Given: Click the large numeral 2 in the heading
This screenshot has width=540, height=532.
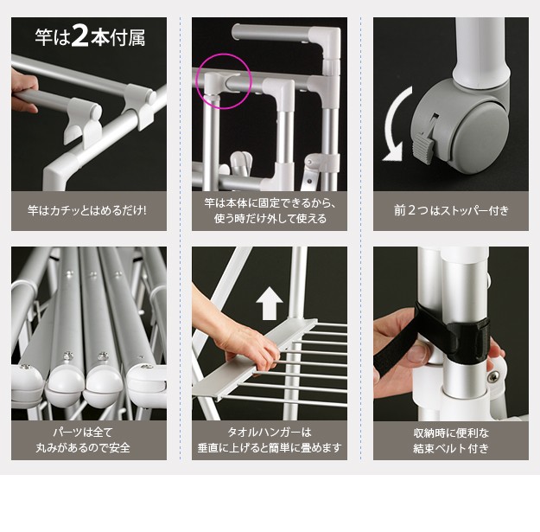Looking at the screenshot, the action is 80,36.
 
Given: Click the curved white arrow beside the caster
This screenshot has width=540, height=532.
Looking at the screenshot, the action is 396,124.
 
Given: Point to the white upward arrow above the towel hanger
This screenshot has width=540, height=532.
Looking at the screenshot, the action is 270,304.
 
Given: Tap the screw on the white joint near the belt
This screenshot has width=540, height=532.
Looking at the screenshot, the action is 494,375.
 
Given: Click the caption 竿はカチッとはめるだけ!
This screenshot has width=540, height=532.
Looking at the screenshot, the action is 86,210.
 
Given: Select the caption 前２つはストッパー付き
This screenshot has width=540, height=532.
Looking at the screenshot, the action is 451,210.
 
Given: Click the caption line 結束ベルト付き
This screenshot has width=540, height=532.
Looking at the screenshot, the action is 451,448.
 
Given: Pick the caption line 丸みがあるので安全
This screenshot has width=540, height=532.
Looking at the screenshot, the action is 83,447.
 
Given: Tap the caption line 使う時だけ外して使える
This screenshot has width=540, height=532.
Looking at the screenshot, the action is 270,218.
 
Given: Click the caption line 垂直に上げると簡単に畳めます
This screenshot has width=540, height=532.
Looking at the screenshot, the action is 270,447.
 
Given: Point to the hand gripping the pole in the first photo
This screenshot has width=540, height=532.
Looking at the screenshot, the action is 23,90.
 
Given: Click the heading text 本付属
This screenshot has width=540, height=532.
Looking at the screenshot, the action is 118,37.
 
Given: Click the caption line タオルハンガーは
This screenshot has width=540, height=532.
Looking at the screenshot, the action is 270,432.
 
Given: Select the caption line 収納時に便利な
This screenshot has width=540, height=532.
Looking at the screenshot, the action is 451,433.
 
